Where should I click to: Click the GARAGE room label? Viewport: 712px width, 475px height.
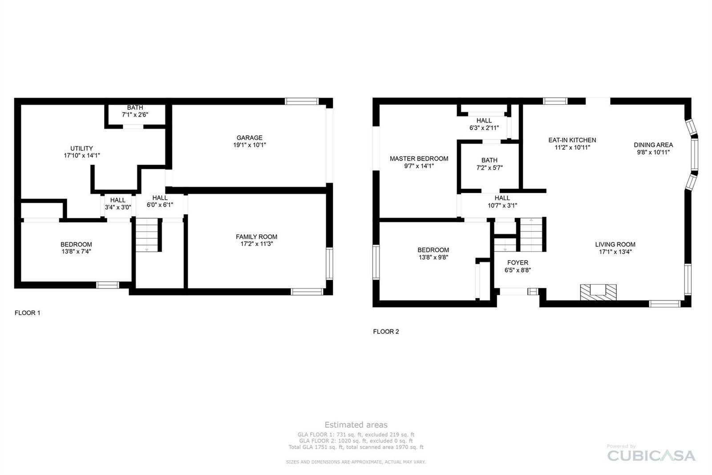250,138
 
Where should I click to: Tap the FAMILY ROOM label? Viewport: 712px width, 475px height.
256,237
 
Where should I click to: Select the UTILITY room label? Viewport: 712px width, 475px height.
82,148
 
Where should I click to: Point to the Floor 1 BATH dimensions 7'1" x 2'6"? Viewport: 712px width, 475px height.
135,115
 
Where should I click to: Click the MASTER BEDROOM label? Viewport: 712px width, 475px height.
419,159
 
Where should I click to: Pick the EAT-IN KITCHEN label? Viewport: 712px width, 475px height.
572,140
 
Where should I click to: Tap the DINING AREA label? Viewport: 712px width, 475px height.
653,145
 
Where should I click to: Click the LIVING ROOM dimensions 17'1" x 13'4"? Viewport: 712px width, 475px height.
615,252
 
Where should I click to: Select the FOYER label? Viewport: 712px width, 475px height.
518,262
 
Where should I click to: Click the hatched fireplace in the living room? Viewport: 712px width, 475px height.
599,292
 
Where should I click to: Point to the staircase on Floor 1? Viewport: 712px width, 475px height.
147,235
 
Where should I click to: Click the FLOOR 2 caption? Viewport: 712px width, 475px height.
386,332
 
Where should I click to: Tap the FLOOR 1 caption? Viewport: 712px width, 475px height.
27,313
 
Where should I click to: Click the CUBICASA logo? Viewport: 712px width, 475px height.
651,455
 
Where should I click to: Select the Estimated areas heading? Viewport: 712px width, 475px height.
356,425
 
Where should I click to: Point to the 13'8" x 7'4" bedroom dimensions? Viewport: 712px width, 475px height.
76,251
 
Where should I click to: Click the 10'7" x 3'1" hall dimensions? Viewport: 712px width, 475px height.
502,206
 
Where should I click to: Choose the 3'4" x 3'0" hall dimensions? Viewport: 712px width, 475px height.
118,207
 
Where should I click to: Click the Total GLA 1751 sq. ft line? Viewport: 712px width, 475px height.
356,447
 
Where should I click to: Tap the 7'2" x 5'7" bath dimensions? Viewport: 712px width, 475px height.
489,168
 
